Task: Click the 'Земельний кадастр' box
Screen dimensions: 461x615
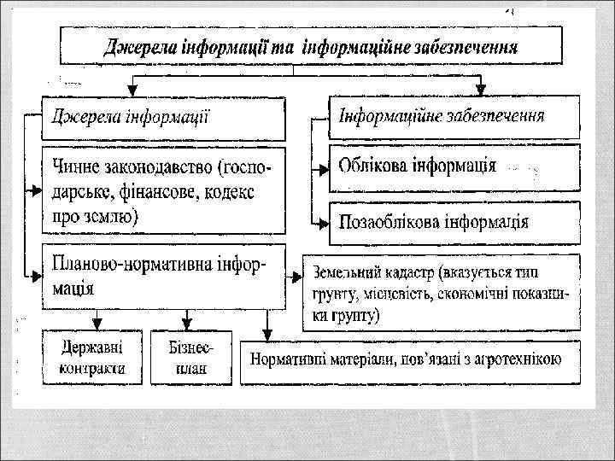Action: tap(441, 292)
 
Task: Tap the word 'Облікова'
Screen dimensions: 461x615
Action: tap(377, 165)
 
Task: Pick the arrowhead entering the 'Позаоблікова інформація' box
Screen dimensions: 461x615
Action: tap(325, 224)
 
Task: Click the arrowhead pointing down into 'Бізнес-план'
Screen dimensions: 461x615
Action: tap(191, 325)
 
